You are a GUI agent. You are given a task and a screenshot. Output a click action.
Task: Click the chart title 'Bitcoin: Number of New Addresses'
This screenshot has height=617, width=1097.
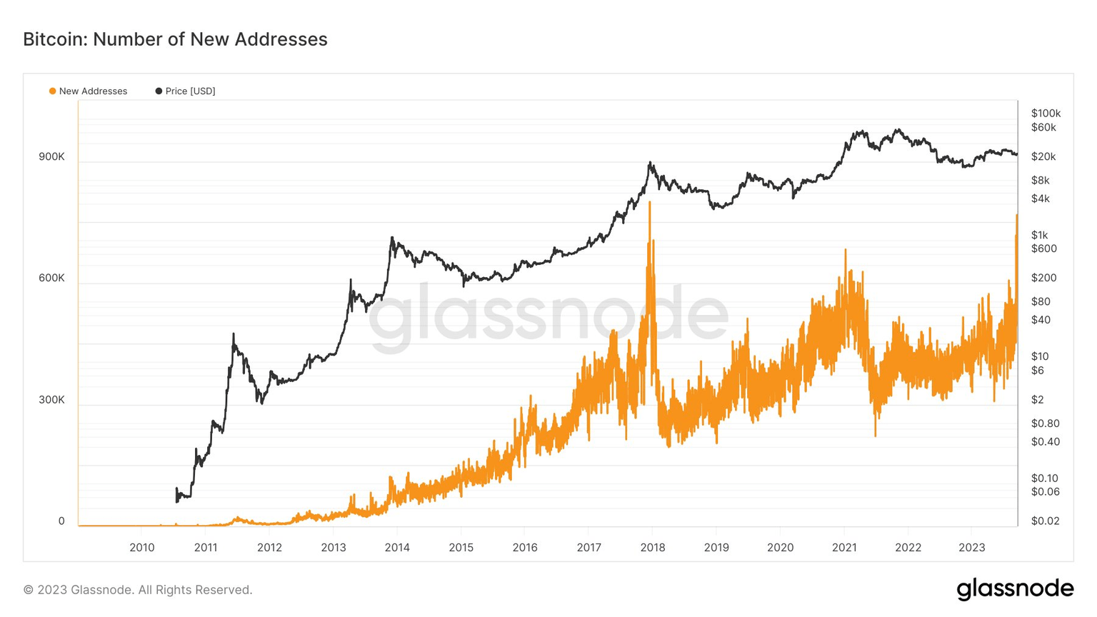[x=175, y=39]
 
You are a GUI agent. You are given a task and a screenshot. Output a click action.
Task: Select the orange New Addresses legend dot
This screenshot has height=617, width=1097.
[x=52, y=91]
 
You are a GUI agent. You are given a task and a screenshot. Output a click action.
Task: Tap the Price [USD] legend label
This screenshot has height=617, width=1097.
[x=190, y=91]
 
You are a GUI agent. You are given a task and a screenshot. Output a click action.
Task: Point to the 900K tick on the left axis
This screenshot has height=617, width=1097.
[x=51, y=157]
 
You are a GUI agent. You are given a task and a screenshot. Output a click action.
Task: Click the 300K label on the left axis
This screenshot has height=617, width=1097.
[x=51, y=400]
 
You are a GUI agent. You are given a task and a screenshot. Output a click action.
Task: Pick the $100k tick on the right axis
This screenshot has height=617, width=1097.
[x=1046, y=114]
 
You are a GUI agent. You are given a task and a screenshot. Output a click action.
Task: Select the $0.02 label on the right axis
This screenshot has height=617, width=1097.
[x=1045, y=521]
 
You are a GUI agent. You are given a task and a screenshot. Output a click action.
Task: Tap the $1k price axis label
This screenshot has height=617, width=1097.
[x=1039, y=235]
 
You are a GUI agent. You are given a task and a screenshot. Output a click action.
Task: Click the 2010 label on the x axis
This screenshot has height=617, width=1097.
[x=141, y=548]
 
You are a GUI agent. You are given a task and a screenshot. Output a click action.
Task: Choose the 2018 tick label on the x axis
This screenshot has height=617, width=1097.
[x=652, y=548]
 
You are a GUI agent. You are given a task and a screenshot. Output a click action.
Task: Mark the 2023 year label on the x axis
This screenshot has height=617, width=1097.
[x=971, y=548]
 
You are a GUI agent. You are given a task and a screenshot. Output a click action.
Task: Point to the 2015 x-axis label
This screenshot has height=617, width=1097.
[x=461, y=548]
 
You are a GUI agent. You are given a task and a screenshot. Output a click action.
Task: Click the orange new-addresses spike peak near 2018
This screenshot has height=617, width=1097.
[x=650, y=203]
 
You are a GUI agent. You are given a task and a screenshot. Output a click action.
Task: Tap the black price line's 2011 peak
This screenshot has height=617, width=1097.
[x=234, y=334]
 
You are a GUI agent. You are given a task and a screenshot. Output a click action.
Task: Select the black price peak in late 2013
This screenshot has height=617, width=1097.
[x=392, y=238]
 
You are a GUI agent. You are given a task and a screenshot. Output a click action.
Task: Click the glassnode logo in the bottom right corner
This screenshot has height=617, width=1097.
[x=1015, y=589]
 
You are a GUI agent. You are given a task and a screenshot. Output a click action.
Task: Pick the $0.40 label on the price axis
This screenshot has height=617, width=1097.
[x=1045, y=442]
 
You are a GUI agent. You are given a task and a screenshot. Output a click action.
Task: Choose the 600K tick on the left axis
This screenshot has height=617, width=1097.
[x=51, y=279]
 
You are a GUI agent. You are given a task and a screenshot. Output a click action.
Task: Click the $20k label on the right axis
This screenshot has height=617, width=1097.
[x=1043, y=157]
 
